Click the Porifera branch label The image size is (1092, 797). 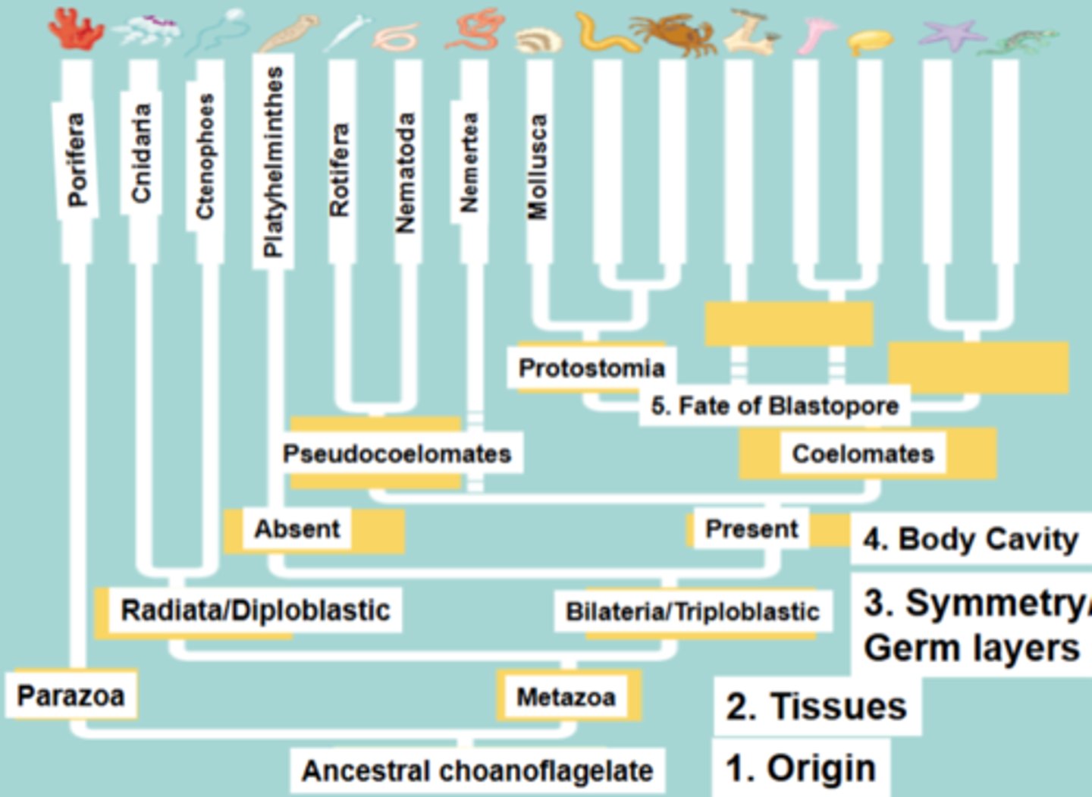pyautogui.click(x=76, y=159)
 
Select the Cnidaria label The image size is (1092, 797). pyautogui.click(x=141, y=153)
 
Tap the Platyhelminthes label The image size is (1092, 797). pyautogui.click(x=273, y=162)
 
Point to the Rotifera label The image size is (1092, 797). pyautogui.click(x=340, y=170)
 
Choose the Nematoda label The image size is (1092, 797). pyautogui.click(x=406, y=172)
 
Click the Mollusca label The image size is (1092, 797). pyautogui.click(x=537, y=167)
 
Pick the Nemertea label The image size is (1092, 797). pyautogui.click(x=470, y=162)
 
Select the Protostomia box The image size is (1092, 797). pyautogui.click(x=591, y=368)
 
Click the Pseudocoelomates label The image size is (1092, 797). pyautogui.click(x=397, y=453)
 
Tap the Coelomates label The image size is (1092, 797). pyautogui.click(x=863, y=453)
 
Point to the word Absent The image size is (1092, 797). pyautogui.click(x=297, y=529)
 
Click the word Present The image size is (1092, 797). pyautogui.click(x=752, y=529)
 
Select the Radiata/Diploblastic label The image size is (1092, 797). pyautogui.click(x=255, y=610)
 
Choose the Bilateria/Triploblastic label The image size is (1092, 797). pyautogui.click(x=692, y=611)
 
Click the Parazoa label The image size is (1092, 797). pyautogui.click(x=71, y=695)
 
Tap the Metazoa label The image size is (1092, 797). pyautogui.click(x=566, y=697)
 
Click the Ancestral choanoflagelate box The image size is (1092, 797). pyautogui.click(x=478, y=770)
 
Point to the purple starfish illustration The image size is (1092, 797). pyautogui.click(x=951, y=34)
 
